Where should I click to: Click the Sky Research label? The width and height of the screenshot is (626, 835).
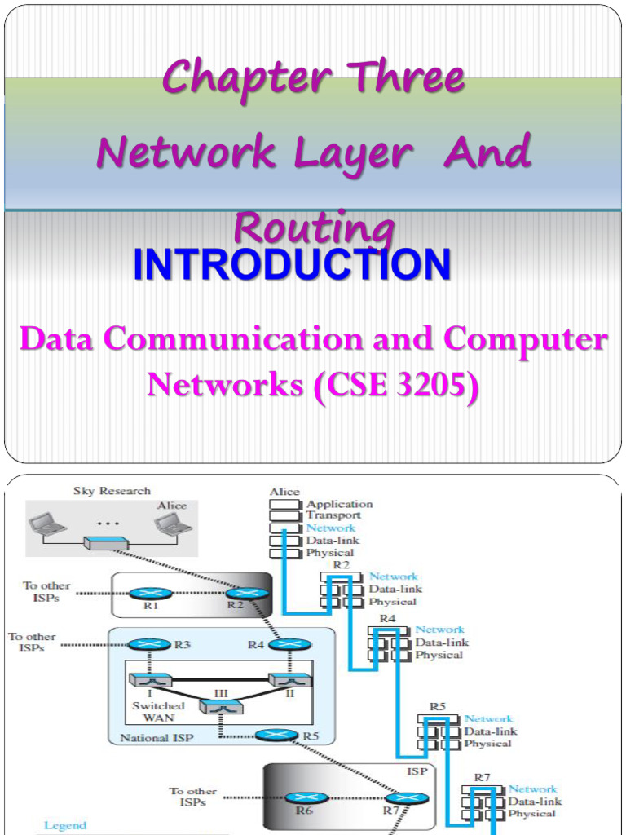coord(112,491)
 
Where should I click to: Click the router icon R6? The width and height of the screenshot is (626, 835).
coord(306,799)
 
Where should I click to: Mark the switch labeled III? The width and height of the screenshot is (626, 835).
coord(221,707)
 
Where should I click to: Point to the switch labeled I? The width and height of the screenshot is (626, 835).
coord(150,678)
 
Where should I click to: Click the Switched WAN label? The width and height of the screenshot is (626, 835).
coord(158,712)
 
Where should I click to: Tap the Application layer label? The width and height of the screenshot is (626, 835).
coord(339,504)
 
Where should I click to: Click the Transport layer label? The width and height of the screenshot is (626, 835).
coord(333,515)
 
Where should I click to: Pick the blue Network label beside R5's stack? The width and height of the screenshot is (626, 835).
coord(488,718)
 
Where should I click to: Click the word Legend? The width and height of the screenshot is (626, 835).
coord(64,826)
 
